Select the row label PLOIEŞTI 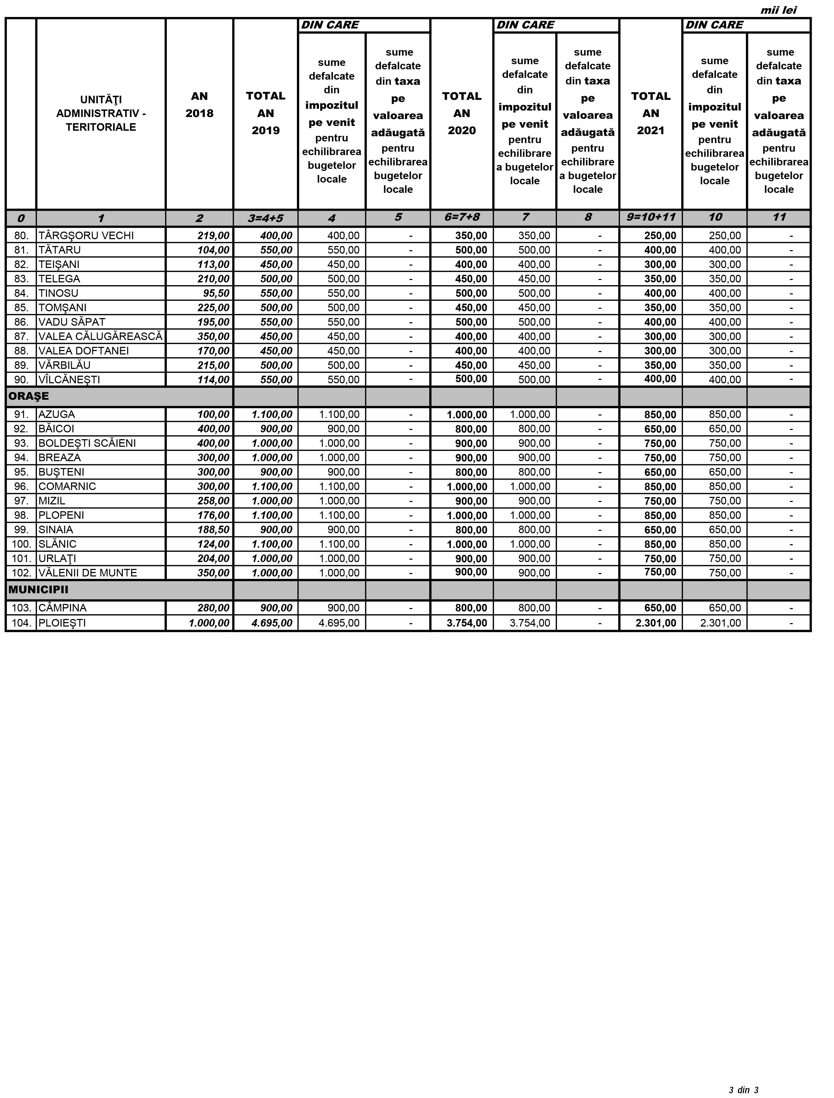(x=62, y=623)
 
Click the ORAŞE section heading (x=29, y=396)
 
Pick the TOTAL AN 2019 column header (x=266, y=113)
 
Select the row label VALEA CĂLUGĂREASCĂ (x=100, y=337)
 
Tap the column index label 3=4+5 (x=266, y=218)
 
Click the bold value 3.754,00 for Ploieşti (x=467, y=623)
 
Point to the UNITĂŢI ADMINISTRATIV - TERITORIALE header (x=101, y=113)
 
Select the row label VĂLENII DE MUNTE (x=88, y=573)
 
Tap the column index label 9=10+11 (x=650, y=218)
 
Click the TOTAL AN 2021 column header (x=650, y=113)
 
